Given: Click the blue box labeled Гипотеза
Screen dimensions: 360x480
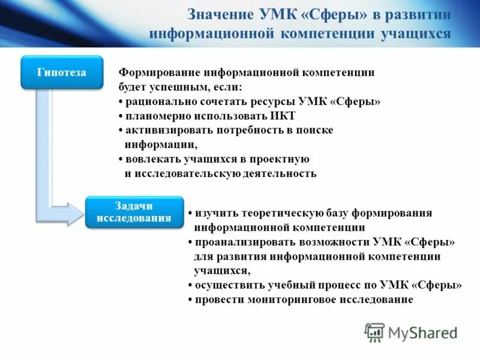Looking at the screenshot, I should (x=62, y=73).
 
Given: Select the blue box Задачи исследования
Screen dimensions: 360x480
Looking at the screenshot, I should (x=134, y=212).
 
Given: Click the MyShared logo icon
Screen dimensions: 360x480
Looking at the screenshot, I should (x=375, y=332).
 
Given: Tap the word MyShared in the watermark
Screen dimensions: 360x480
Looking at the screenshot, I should (x=423, y=332).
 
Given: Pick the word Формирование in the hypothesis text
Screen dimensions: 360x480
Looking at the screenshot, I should (x=159, y=73).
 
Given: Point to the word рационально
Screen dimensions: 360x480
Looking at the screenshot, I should (x=159, y=101).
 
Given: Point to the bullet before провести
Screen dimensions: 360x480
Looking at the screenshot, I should (x=190, y=300).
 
